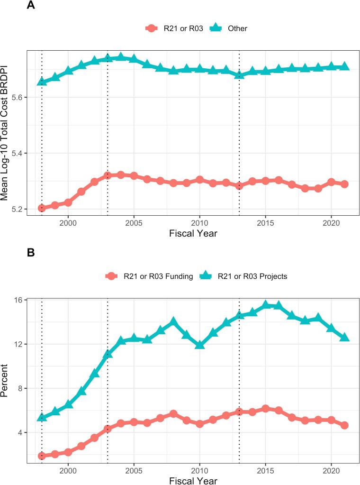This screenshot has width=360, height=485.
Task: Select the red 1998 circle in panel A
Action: (x=42, y=208)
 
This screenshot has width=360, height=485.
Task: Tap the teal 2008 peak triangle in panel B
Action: (x=173, y=322)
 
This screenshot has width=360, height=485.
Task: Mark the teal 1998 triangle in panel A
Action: (x=42, y=82)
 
